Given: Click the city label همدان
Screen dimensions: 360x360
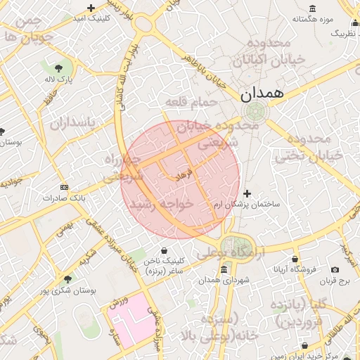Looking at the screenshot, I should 262,93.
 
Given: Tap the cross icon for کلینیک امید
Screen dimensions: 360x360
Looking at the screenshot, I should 91,8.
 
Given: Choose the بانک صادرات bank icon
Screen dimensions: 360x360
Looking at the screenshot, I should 65,188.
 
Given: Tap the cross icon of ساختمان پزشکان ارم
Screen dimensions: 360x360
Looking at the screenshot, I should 247,193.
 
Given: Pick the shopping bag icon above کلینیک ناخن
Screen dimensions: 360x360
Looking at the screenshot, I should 165,250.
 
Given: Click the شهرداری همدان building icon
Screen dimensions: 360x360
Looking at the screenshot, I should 224,270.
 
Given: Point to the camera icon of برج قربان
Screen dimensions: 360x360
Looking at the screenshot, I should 335,270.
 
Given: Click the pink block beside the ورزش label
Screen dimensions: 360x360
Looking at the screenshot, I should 134,321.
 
